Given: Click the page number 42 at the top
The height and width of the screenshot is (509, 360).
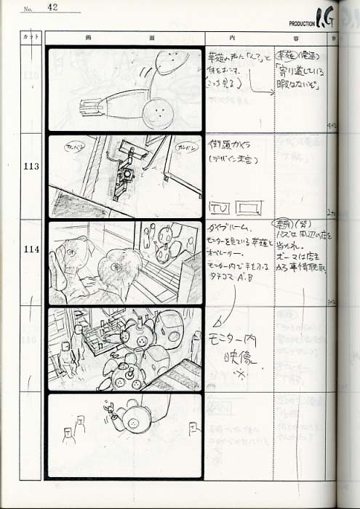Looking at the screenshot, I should click(x=53, y=7).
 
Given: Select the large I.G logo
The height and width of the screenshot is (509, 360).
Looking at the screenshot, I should click(x=326, y=17).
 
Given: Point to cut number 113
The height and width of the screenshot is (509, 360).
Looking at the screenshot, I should click(x=31, y=166).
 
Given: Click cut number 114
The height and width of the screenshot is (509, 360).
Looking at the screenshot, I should click(x=31, y=249).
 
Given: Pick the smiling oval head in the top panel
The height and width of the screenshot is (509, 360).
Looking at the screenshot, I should click(x=168, y=62).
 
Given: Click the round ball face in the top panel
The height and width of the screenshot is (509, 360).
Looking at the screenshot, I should click(x=156, y=113).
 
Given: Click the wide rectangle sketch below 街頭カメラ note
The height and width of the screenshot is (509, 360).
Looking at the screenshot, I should click(x=249, y=208).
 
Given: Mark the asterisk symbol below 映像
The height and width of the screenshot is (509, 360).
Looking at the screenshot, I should click(x=237, y=374).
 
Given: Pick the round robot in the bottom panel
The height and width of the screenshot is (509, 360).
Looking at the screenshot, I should click(x=135, y=418).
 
